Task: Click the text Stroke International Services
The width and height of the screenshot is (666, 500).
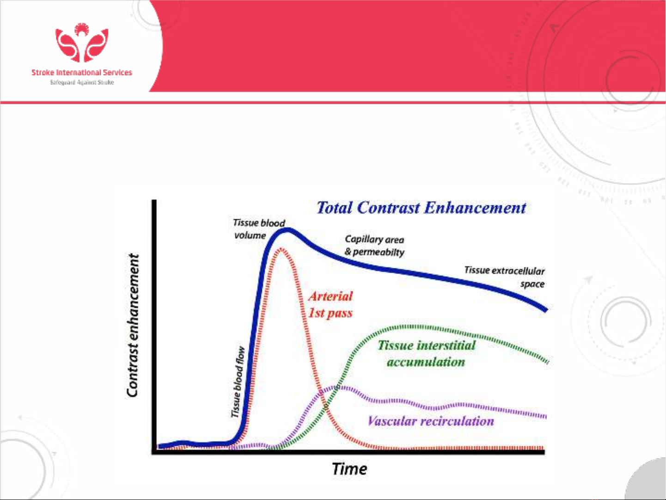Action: tap(82, 73)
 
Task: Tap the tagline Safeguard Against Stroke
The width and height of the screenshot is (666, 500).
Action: tap(82, 82)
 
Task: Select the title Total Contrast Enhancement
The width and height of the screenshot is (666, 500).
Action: tap(421, 208)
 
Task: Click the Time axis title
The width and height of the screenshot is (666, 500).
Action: tap(349, 469)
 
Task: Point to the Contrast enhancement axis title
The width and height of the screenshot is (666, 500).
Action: tap(133, 325)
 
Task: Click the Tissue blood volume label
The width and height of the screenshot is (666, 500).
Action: tap(259, 229)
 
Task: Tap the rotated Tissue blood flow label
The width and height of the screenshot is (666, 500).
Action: tap(238, 382)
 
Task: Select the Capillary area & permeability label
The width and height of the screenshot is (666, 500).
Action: tap(374, 246)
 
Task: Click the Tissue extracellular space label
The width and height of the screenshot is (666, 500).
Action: tap(504, 277)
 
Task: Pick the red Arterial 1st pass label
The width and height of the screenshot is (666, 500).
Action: tap(330, 304)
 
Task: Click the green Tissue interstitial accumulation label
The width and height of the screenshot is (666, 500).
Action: tap(426, 354)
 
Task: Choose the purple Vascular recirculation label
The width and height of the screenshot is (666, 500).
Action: tap(431, 421)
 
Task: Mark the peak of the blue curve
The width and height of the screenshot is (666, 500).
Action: tap(287, 230)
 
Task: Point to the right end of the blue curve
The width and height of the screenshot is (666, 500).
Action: tap(546, 309)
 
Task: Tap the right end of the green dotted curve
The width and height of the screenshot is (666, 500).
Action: tap(548, 362)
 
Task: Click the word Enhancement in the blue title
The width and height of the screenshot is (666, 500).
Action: tap(475, 208)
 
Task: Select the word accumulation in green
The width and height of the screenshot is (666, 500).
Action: tap(426, 362)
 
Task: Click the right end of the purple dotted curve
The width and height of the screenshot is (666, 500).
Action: tap(545, 416)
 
